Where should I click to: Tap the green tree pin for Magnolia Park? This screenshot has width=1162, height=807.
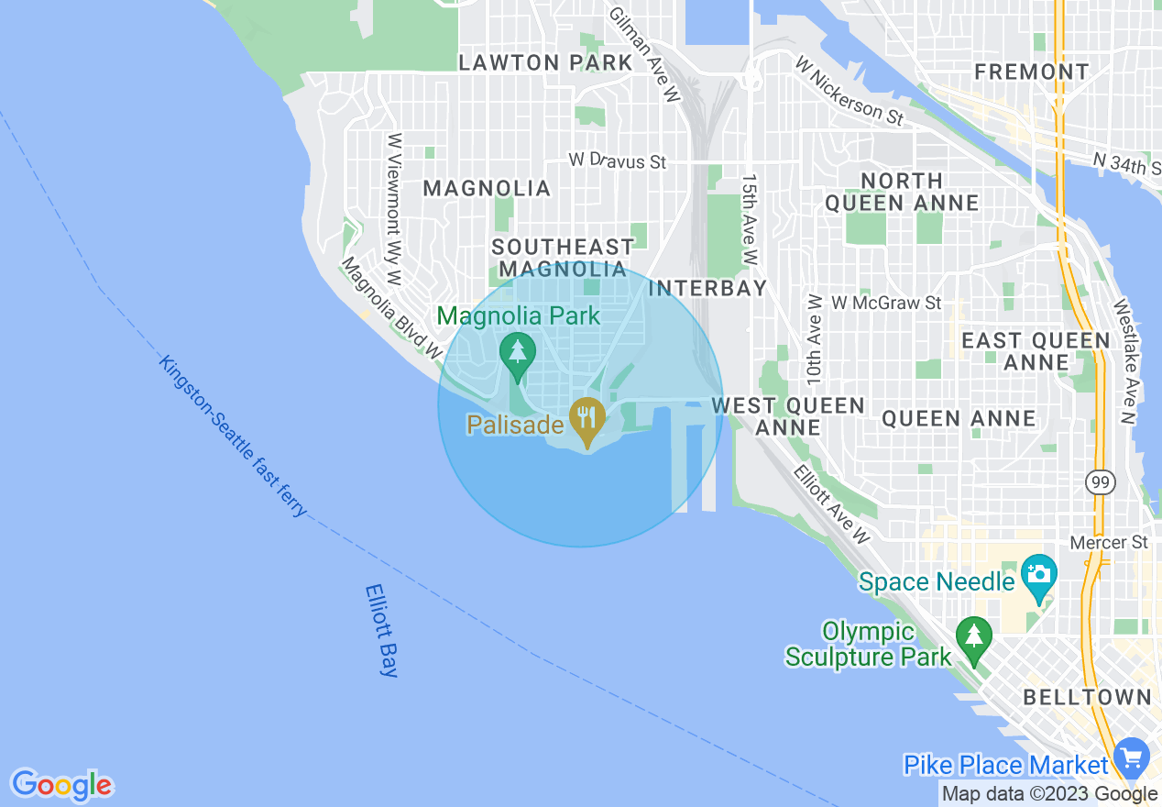coord(518,352)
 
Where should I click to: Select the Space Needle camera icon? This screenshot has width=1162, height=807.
coord(1038,576)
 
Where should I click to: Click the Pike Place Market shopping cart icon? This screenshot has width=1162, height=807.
coord(1133,757)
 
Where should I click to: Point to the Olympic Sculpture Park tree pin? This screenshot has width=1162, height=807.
coord(972,636)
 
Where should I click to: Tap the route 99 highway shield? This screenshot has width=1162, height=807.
coord(1098,481)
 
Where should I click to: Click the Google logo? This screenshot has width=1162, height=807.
coord(61,785)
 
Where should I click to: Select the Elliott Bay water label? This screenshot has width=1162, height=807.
coord(381,631)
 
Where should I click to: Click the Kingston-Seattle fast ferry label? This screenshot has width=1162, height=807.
coord(233,435)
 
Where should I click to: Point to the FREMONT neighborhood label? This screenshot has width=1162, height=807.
coord(1032,72)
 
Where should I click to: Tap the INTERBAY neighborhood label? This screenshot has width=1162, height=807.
coord(707,288)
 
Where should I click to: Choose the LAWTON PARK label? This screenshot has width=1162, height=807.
coord(545,63)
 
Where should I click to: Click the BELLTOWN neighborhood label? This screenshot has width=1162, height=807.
coord(1087,697)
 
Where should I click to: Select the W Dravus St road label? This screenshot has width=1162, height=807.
coord(617,160)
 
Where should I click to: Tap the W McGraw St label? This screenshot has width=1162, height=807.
coord(885,302)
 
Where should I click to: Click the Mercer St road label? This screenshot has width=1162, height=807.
coord(1109,542)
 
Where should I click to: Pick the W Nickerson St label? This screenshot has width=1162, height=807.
coord(850,92)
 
